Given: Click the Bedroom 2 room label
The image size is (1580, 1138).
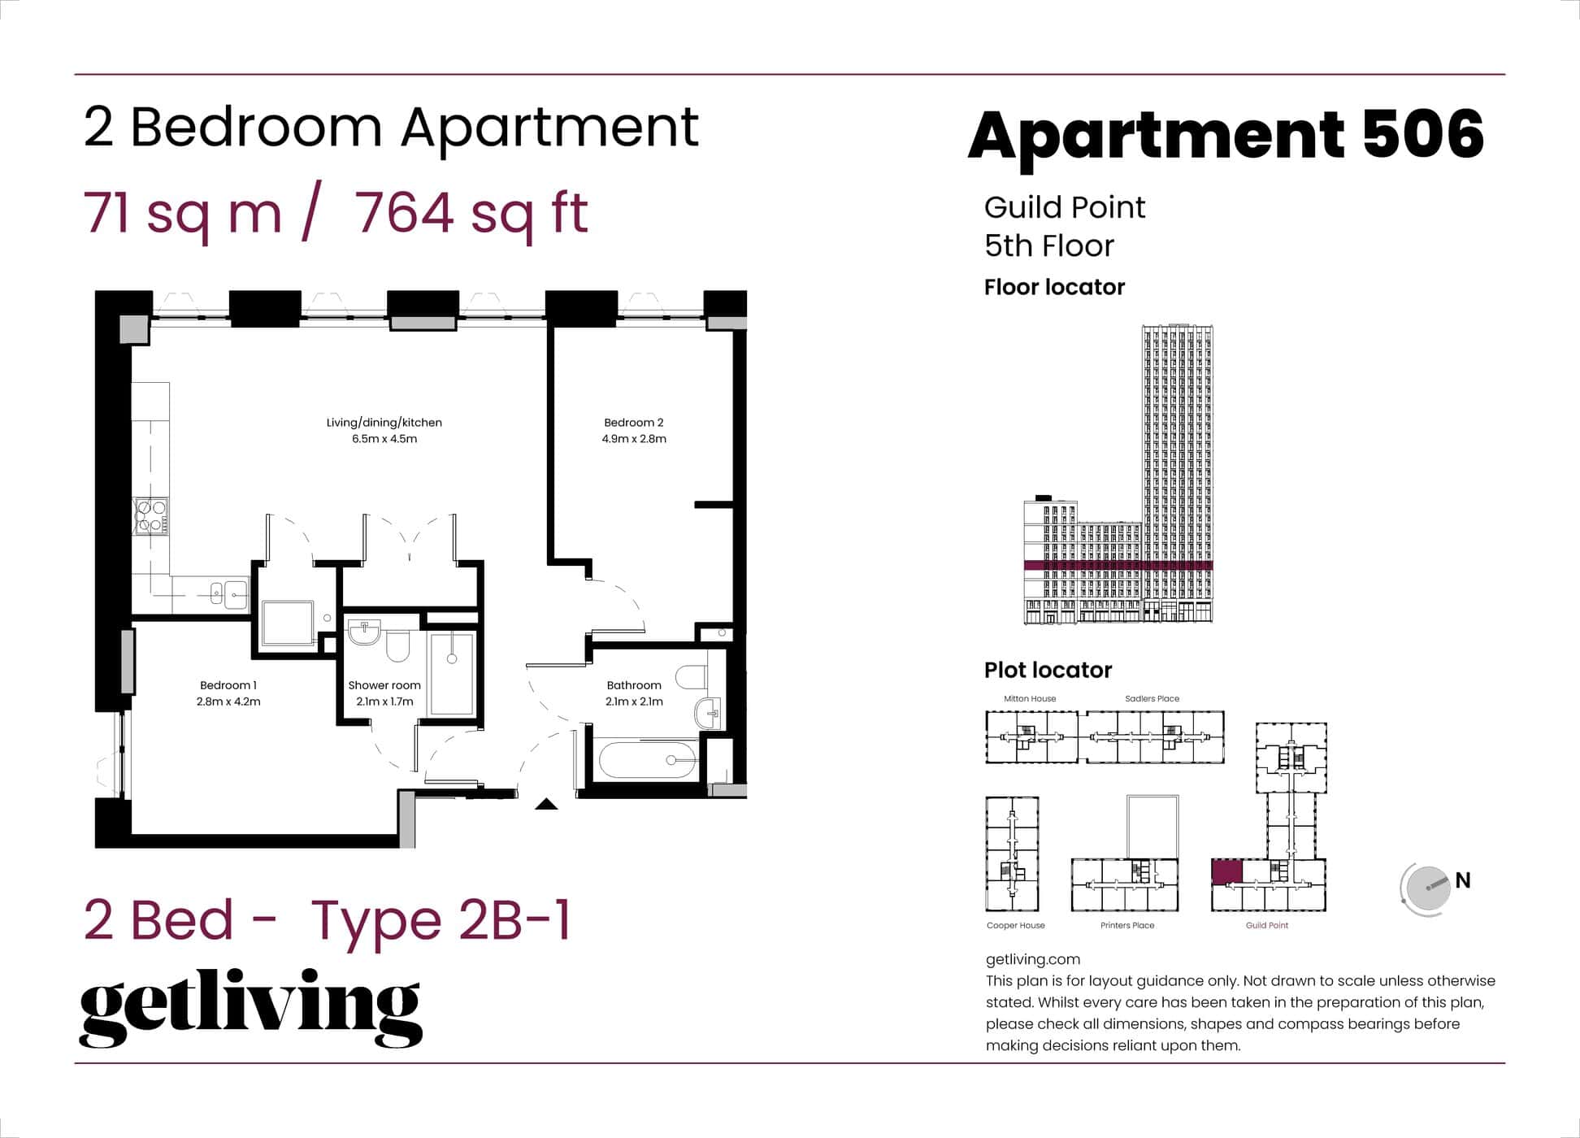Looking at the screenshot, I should pos(633,422).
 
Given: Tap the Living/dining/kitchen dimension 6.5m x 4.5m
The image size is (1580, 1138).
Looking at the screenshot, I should pos(384,439).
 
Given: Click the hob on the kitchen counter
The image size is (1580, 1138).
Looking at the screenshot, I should pos(151,517).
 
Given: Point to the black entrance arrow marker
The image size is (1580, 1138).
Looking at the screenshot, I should pos(546,805).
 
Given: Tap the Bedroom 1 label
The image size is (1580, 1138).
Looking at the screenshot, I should pos(228,685).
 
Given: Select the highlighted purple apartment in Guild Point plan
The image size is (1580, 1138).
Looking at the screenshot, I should pos(1226,872).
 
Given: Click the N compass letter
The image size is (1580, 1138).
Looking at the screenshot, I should pos(1463,880).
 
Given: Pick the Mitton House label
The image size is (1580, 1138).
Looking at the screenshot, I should pos(1030,698).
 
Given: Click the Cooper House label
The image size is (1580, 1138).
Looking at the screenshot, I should pos(1015,925).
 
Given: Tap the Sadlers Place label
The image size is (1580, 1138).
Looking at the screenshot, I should pos(1152,698).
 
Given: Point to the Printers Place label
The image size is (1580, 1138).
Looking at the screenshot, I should pos(1127,925).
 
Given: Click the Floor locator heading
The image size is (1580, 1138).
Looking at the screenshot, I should pos(1054,287).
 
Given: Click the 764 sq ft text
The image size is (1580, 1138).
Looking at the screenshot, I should pos(471,213).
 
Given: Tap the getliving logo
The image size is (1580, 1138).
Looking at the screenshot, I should pos(250,1007).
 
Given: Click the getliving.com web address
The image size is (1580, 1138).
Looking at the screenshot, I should pos(1032,959).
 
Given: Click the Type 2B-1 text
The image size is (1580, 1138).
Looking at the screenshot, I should pos(441,920).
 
